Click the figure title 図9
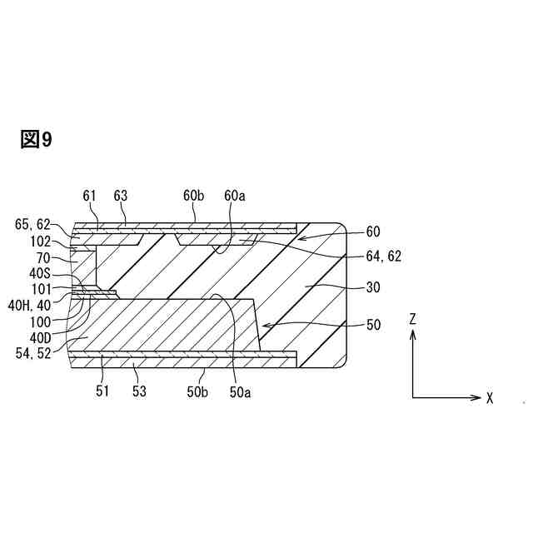click(x=36, y=140)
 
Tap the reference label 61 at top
click(x=90, y=196)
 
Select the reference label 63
click(x=121, y=196)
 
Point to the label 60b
click(x=194, y=196)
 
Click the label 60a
click(x=236, y=196)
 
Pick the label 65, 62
click(x=33, y=225)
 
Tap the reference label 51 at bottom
click(x=102, y=391)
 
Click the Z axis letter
click(x=413, y=317)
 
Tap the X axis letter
click(x=491, y=398)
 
